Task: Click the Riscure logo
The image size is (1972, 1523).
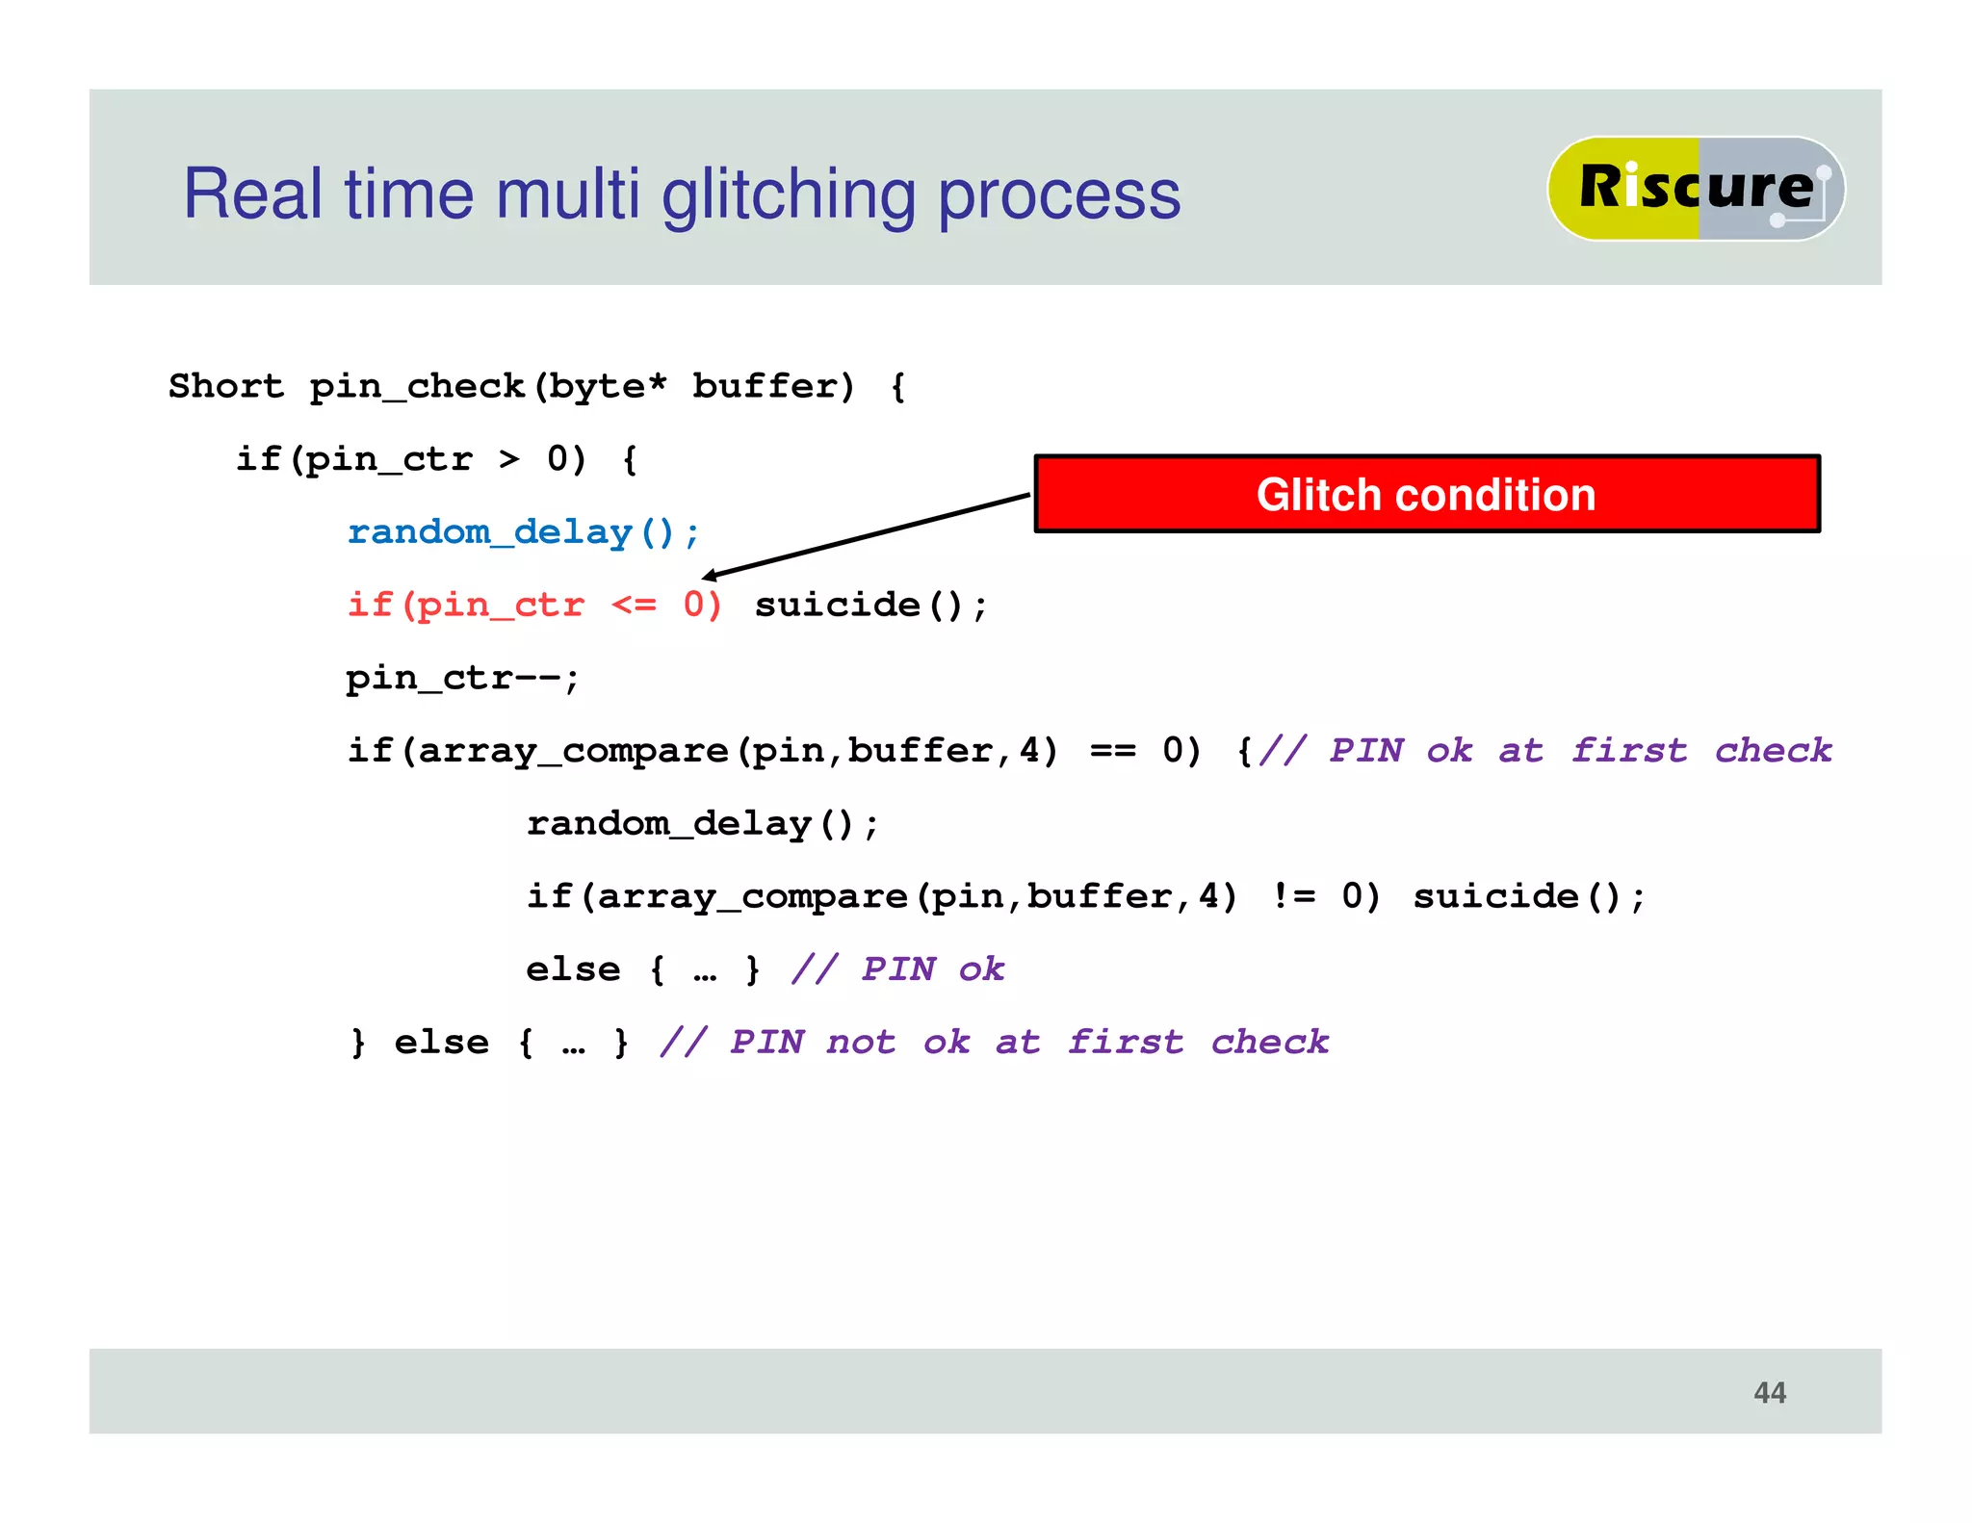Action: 1695,188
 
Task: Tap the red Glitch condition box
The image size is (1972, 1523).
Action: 1426,494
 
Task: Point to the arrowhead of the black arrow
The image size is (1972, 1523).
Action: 710,576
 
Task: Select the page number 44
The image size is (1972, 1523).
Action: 1769,1392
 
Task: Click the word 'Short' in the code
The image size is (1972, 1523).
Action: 226,386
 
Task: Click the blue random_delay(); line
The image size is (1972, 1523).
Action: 523,532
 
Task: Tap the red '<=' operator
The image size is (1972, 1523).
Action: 634,605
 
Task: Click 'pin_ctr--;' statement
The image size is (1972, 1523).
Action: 462,678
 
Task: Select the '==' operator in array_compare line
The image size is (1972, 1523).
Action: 1112,750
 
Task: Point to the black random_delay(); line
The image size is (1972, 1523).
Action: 702,824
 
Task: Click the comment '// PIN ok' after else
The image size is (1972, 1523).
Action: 897,968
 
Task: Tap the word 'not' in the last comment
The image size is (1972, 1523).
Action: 861,1042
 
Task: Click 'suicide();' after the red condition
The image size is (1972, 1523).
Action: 870,605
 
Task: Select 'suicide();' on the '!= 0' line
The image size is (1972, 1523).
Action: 1529,896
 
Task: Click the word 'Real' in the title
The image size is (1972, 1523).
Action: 252,195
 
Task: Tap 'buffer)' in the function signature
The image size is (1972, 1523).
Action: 773,386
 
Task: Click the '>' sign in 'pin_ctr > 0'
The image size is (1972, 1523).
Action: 509,459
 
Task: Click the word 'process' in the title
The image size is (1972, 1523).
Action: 1059,195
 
